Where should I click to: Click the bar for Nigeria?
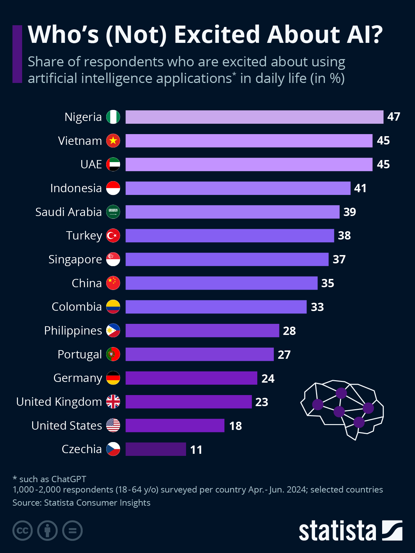pos(254,117)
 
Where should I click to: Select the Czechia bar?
pos(156,449)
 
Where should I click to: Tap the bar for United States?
pos(175,425)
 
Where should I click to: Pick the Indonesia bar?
pos(238,188)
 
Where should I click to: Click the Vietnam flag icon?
pos(113,141)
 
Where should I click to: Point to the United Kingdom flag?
pos(113,402)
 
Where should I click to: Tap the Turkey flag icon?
pos(113,235)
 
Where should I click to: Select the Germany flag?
pos(113,378)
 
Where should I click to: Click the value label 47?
pos(394,117)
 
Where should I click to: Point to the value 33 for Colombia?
pos(317,307)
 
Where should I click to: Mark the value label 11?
pos(196,450)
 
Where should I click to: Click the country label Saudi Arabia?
pos(68,212)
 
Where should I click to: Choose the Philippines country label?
pos(73,331)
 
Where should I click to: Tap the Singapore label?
pos(75,259)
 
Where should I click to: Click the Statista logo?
pos(350,531)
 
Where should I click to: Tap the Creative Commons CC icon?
pos(22,531)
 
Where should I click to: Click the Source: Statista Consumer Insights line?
pos(81,503)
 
